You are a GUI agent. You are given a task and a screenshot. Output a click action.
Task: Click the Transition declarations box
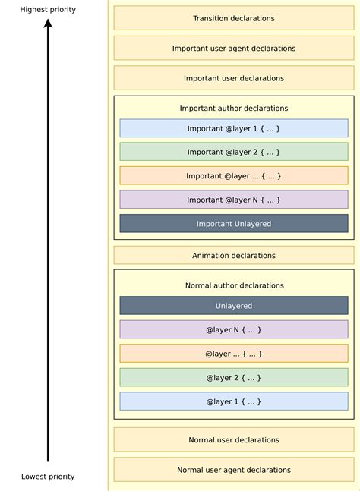point(234,18)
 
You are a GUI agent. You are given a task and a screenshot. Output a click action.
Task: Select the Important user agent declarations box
point(234,48)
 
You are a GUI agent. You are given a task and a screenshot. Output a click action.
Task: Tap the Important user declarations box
point(234,78)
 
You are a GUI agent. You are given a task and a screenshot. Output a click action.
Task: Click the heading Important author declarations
point(234,109)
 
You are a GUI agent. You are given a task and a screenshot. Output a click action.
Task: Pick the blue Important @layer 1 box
point(234,128)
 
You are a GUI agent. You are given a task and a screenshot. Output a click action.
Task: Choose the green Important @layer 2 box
point(234,152)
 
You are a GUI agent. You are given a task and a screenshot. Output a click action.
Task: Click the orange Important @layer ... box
point(234,176)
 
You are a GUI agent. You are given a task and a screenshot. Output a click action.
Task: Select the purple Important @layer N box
point(234,200)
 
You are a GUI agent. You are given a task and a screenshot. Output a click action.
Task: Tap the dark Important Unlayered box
point(234,224)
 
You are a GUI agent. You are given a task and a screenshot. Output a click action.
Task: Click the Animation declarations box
point(234,255)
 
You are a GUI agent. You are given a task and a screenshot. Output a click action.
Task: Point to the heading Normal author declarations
point(234,285)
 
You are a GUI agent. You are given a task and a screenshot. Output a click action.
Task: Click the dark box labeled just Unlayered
point(234,306)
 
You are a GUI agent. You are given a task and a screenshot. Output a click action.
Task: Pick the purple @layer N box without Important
point(234,329)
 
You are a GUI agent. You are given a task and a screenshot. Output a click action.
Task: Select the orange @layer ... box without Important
point(234,354)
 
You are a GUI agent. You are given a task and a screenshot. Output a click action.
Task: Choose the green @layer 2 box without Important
point(234,377)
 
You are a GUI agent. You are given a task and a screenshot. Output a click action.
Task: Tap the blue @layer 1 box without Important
point(234,401)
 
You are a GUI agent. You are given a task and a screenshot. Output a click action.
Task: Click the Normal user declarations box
point(234,439)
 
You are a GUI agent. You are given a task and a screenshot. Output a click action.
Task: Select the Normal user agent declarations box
point(234,470)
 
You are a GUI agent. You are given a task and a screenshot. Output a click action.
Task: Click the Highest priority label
point(48,8)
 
